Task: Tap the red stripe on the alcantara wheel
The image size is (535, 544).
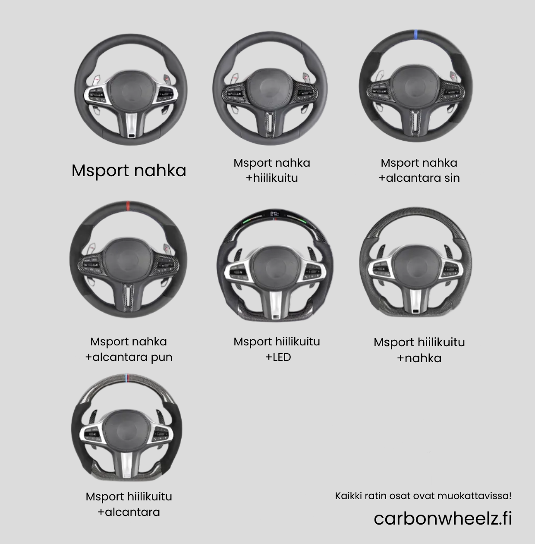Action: [128, 206]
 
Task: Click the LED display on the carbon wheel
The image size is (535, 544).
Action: [275, 214]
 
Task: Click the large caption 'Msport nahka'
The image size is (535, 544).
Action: [129, 171]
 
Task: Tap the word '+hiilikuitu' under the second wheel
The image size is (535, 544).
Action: [272, 178]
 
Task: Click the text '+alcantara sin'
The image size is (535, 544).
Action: [419, 178]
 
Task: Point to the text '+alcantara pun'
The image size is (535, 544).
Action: [129, 357]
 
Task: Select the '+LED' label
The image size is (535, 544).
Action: [278, 357]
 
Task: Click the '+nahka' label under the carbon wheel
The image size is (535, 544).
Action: [419, 358]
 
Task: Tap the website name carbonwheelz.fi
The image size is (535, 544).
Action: [443, 518]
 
